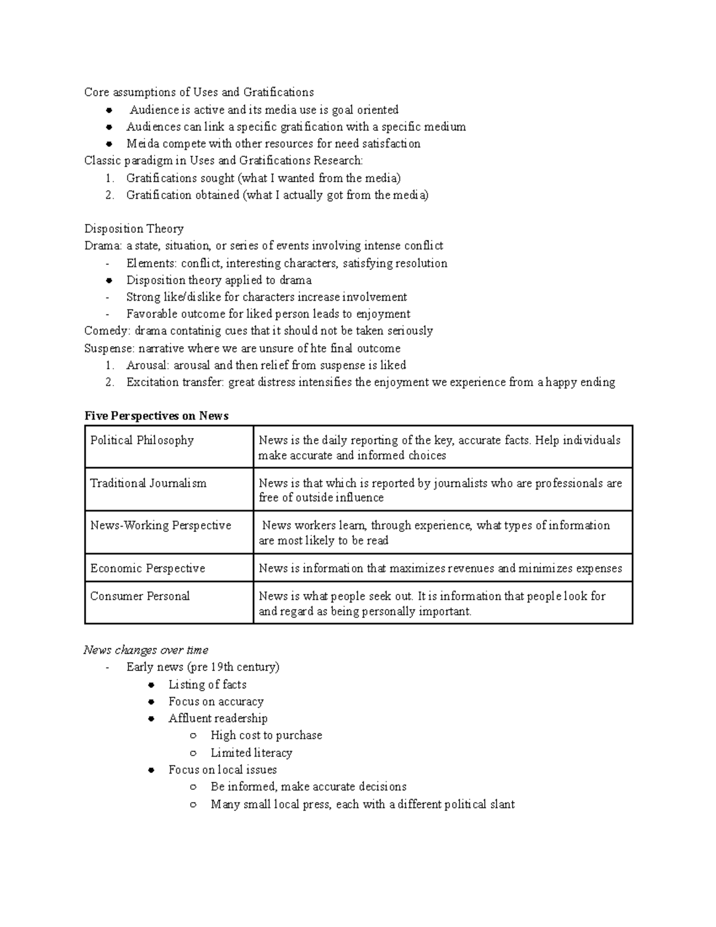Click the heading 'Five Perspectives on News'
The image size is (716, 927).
156,416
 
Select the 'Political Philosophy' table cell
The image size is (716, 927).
142,441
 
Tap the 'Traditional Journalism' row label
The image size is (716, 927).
148,483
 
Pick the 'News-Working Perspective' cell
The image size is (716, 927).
161,526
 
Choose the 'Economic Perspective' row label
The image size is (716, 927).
147,568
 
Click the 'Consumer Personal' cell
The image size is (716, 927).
140,596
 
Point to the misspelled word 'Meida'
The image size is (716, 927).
140,144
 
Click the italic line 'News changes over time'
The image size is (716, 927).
146,650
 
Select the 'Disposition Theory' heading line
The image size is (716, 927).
134,229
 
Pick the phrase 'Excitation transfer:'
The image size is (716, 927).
175,383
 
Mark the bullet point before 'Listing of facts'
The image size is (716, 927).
152,685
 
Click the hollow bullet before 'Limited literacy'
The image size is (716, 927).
193,753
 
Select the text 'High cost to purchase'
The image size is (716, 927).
266,735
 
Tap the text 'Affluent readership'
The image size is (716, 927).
218,719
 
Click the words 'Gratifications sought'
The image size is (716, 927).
180,178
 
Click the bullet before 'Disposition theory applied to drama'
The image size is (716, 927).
109,281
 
